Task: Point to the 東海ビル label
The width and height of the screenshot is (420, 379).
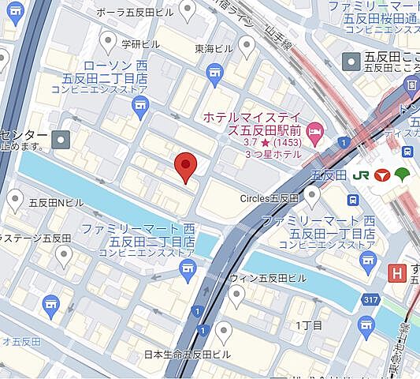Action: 214,48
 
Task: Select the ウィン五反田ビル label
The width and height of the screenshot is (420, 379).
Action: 267,279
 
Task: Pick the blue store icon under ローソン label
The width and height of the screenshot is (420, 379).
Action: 214,73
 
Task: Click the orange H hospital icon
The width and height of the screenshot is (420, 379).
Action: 398,273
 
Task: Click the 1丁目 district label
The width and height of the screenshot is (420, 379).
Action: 304,325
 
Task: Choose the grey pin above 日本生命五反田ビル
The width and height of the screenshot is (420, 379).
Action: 224,331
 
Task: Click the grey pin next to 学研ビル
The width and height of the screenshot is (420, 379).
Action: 109,39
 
